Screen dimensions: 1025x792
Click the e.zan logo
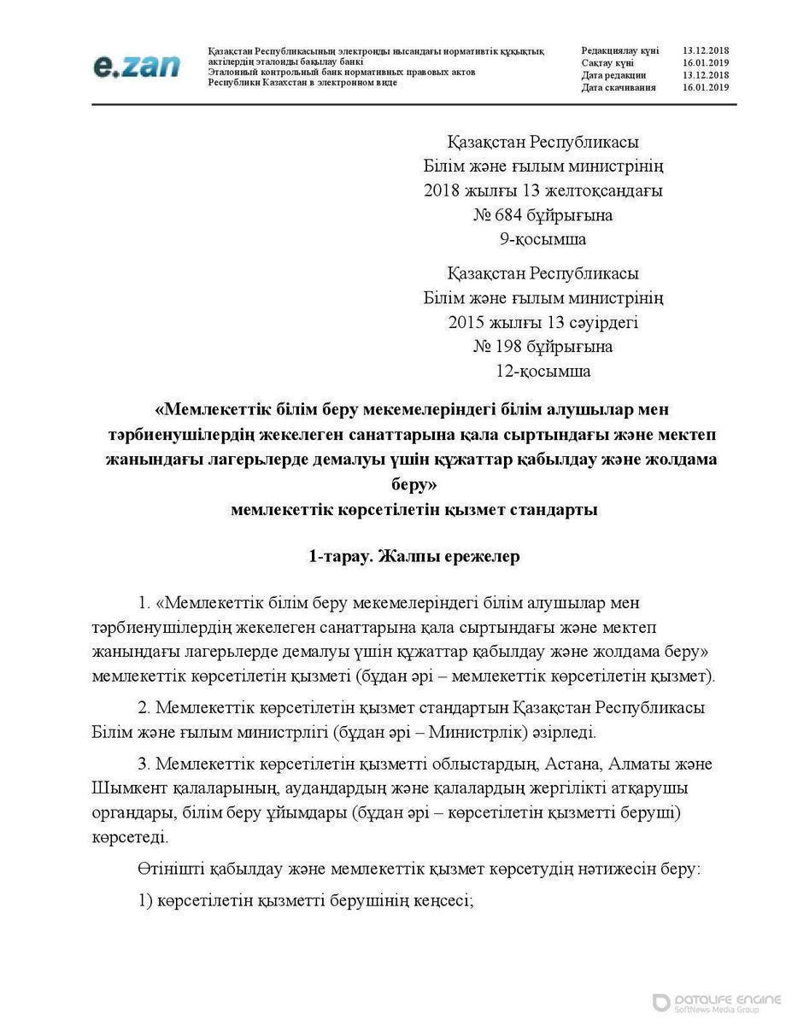point(136,64)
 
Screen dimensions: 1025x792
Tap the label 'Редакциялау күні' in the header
point(619,51)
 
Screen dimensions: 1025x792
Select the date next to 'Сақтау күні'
point(706,63)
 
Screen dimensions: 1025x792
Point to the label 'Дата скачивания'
point(619,87)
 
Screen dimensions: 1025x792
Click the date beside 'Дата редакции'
point(706,75)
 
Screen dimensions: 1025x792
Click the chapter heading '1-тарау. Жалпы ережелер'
point(414,557)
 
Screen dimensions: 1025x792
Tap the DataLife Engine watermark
point(718,1003)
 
